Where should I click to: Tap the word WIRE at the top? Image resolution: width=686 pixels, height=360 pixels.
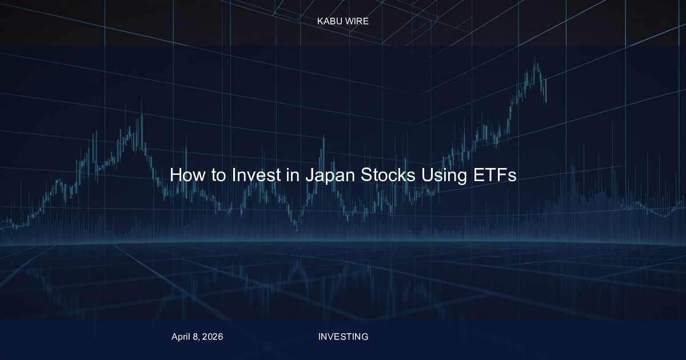point(357,21)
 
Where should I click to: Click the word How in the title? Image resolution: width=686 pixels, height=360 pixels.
point(188,175)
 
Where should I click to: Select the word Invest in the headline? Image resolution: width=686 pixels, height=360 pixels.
point(256,175)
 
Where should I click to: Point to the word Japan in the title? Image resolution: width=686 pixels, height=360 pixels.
point(330,176)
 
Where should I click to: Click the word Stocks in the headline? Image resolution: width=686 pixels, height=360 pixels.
point(388,175)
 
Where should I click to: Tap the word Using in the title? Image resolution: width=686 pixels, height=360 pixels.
point(444,176)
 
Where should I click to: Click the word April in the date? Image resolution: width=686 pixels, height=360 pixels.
point(181,337)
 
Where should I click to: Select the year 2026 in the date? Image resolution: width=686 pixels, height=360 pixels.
point(213,337)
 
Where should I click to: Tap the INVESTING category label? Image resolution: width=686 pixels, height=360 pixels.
point(343,337)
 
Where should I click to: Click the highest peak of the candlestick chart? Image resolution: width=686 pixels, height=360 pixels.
point(535,56)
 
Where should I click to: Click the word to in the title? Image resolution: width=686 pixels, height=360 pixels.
point(218,175)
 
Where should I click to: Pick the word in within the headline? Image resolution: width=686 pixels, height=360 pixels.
point(293,175)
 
